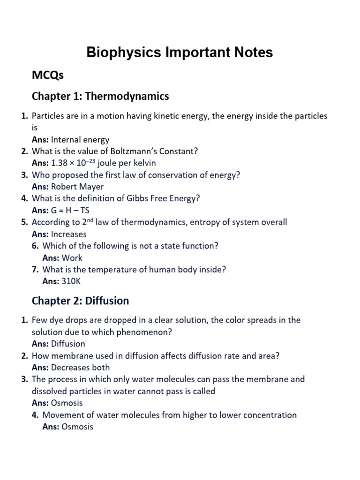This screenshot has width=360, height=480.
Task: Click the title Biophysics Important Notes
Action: [180, 52]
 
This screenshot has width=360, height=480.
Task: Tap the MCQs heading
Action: [47, 75]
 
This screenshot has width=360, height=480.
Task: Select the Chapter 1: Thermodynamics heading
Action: [100, 96]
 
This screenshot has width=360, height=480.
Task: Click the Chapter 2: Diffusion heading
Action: [80, 300]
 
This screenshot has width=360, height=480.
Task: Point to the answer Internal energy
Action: [80, 139]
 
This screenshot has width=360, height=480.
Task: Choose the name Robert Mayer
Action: [77, 187]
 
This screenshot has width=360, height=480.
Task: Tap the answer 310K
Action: [71, 281]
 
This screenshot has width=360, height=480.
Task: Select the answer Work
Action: [72, 258]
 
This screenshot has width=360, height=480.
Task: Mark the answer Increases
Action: [69, 234]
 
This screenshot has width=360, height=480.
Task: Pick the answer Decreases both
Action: [81, 367]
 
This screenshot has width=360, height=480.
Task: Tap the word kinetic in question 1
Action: [167, 115]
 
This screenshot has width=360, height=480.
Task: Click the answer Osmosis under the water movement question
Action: [78, 427]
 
